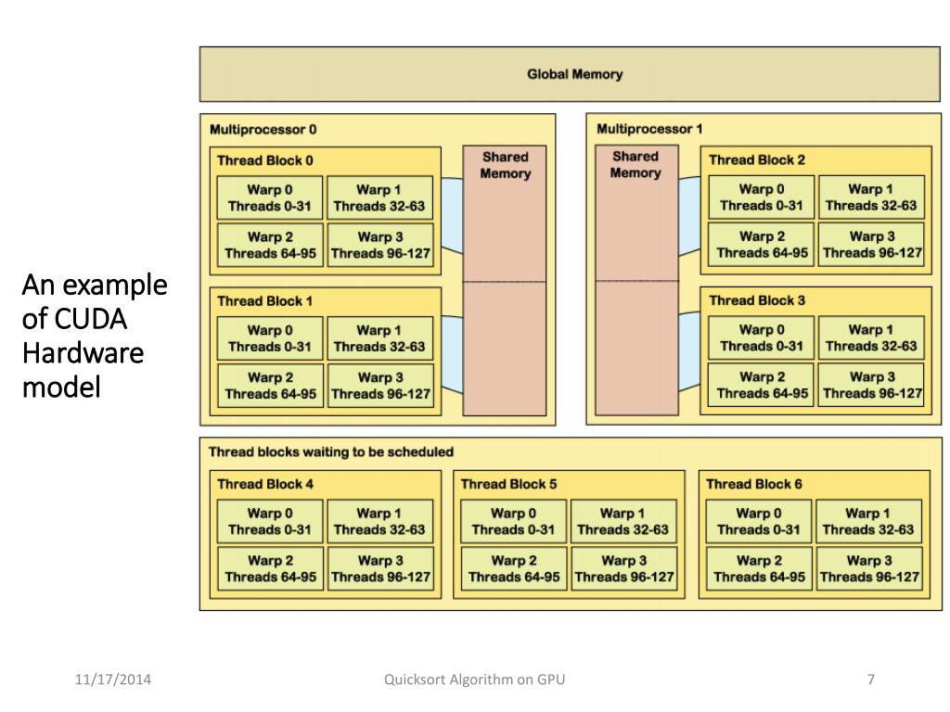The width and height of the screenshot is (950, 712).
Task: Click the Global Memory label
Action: [574, 74]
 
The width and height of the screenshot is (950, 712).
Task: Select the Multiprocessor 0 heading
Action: [263, 130]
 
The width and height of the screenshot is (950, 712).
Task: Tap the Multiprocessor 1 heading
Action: [649, 129]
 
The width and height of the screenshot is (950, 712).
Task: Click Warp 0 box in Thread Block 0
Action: [270, 197]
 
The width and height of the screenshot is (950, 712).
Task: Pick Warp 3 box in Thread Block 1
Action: [380, 386]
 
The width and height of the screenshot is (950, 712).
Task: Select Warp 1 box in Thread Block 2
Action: [871, 197]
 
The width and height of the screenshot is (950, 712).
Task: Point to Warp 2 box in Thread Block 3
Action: [761, 385]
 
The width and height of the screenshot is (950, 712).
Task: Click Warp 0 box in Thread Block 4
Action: [270, 521]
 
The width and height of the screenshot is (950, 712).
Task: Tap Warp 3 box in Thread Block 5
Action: [624, 569]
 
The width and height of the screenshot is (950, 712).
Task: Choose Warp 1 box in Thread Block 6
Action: [868, 521]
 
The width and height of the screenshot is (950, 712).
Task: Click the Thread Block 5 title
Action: [508, 484]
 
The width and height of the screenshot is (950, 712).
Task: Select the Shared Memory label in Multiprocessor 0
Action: [506, 165]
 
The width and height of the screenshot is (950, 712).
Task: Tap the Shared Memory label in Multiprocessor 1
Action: [635, 165]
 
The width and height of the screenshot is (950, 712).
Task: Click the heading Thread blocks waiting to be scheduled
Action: [331, 452]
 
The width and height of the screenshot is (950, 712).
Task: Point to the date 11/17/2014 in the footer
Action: [112, 680]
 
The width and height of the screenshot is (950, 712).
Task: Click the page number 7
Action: [870, 680]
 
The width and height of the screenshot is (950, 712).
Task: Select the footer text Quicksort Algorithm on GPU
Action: [474, 680]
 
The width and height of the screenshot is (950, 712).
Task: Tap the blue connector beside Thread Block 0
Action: [452, 215]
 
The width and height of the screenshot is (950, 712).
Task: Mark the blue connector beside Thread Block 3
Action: [689, 351]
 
